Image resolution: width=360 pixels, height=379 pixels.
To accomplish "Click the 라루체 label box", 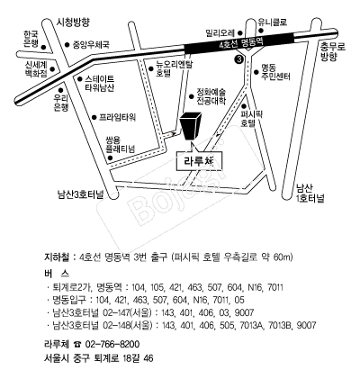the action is tap(199, 161).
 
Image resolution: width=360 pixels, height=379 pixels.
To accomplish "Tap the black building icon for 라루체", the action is tap(191, 126).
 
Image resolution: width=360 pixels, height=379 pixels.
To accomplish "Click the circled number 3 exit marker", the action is tap(238, 59).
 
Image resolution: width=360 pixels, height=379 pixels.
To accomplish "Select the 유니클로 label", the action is tap(273, 22).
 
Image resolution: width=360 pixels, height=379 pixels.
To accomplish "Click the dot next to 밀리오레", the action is tap(240, 32).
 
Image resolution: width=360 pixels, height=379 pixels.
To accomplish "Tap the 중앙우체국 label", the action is tap(91, 45).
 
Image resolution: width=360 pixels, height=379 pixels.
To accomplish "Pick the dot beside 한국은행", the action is tap(43, 47).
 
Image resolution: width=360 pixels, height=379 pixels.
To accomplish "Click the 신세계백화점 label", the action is tap(36, 69).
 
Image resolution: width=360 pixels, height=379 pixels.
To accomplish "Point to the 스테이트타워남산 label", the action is tap(100, 84).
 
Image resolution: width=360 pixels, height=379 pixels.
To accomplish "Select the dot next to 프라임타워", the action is tap(94, 117).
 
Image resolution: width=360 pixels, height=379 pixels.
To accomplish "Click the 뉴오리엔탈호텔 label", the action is tap(172, 68).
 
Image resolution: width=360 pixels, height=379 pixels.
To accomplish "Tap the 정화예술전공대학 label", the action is tap(211, 96).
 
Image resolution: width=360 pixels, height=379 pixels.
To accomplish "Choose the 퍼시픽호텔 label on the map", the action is tap(248, 119).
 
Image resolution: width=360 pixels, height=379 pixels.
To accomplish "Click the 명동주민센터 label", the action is tap(275, 72).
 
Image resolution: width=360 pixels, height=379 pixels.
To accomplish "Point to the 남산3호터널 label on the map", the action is tap(80, 194).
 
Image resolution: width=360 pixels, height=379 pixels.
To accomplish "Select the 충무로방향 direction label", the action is tap(333, 51).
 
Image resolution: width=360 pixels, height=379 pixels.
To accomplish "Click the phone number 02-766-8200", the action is tap(112, 344).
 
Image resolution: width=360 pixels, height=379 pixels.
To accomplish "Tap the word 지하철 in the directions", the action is tap(57, 257).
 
